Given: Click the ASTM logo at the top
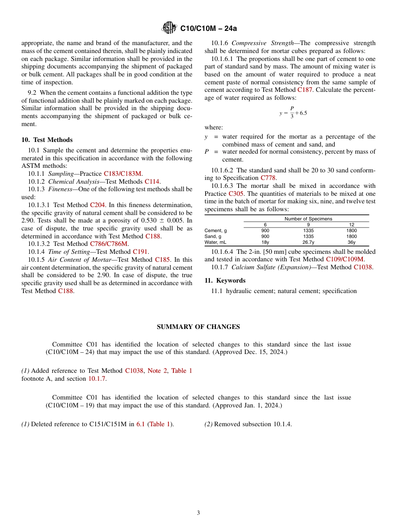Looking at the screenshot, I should tap(170, 28).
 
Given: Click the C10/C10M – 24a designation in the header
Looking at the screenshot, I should tap(208, 28).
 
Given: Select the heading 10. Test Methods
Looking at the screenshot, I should tap(47, 140).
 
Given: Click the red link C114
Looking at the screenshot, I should tap(152, 182).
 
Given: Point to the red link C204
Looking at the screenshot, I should tap(98, 205).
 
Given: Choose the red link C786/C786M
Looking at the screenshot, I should tap(109, 244).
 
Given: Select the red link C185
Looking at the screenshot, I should tap(162, 260).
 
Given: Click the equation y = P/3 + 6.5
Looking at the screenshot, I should tap(293, 112).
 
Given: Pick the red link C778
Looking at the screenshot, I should tap(268, 178).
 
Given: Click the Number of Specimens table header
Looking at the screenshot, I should tap(308, 219).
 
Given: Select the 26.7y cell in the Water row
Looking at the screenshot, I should tap(308, 242).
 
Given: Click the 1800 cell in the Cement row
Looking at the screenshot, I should tap(351, 230).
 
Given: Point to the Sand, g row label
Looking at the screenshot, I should tap(213, 236).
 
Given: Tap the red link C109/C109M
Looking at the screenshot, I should tap(345, 259).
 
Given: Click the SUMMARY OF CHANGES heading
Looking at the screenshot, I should tap(198, 327).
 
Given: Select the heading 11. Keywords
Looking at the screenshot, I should tap(225, 281).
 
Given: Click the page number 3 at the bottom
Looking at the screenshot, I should tap(198, 513).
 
